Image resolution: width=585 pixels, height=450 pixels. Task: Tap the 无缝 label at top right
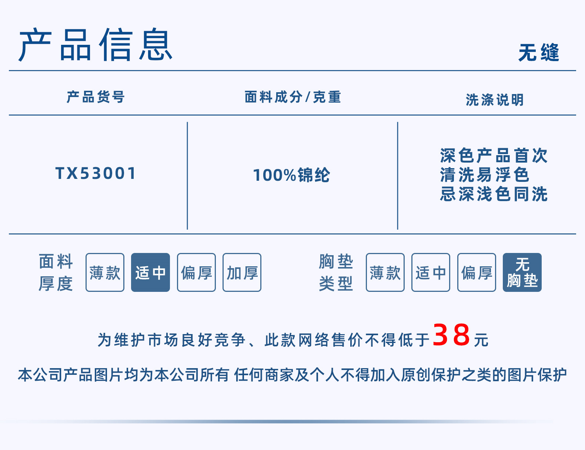(x=538, y=52)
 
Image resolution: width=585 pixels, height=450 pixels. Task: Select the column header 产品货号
(x=96, y=97)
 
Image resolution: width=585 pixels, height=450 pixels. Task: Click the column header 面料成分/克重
(x=292, y=97)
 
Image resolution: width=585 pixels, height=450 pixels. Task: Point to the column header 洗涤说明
(x=495, y=100)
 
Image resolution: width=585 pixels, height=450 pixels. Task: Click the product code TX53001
(x=96, y=173)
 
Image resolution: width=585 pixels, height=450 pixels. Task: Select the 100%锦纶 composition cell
(x=291, y=175)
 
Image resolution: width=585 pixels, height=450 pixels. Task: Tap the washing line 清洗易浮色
(x=485, y=175)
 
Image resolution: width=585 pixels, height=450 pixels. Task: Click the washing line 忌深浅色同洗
(x=494, y=194)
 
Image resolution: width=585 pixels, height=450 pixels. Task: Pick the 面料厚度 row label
(x=56, y=272)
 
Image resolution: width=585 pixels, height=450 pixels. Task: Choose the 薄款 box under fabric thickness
(x=105, y=273)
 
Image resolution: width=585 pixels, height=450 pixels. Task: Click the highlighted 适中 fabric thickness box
(x=150, y=273)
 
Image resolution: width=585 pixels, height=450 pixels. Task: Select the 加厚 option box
(x=242, y=273)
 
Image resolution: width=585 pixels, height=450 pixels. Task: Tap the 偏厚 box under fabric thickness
(x=196, y=273)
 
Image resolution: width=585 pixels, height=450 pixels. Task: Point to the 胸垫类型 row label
(x=336, y=272)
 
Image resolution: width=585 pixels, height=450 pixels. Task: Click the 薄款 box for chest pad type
(x=385, y=273)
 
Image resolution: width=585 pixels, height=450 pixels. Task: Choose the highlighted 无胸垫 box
(x=522, y=273)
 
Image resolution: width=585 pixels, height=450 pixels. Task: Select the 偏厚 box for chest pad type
(x=477, y=273)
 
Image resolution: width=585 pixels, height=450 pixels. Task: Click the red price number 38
(x=451, y=335)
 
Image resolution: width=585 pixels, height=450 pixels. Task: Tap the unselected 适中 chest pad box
(x=431, y=273)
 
